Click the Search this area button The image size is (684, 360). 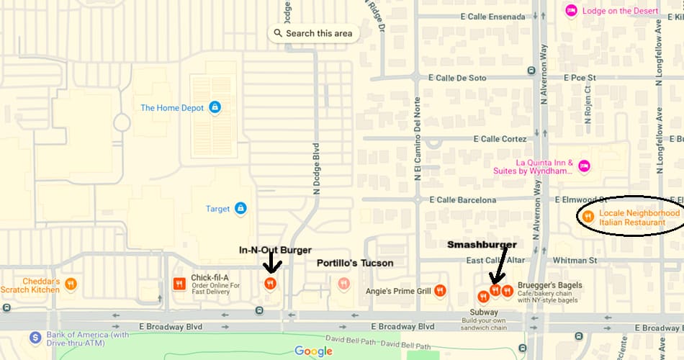pyautogui.click(x=313, y=33)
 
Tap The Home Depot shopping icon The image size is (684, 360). pyautogui.click(x=214, y=108)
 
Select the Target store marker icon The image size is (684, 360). pyautogui.click(x=240, y=209)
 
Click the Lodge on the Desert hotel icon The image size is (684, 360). pyautogui.click(x=571, y=10)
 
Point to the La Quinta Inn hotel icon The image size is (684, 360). pyautogui.click(x=584, y=166)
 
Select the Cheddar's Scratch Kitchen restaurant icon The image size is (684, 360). pyautogui.click(x=71, y=284)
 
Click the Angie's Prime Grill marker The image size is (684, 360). pyautogui.click(x=440, y=291)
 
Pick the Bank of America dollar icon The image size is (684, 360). pyautogui.click(x=35, y=337)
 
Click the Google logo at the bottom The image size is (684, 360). pyautogui.click(x=313, y=351)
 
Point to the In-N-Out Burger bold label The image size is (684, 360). pyautogui.click(x=275, y=250)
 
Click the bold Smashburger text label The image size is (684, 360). pyautogui.click(x=482, y=245)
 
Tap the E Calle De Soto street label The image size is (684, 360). pyautogui.click(x=456, y=78)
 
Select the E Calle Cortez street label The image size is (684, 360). pyautogui.click(x=500, y=139)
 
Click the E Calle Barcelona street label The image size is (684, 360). pyautogui.click(x=462, y=200)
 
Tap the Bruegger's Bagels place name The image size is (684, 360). pyautogui.click(x=549, y=286)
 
